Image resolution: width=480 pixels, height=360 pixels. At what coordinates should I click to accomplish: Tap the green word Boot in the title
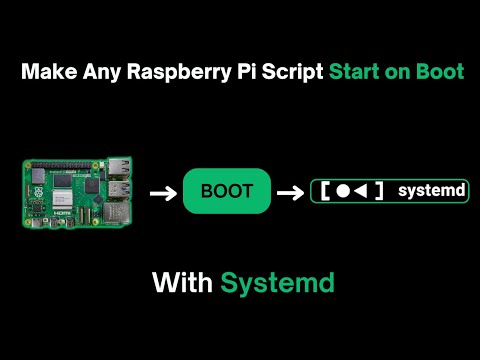pos(438,74)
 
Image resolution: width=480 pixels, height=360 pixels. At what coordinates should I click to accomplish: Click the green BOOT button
pos(227,190)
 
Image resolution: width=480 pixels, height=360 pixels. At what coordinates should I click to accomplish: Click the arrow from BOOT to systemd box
pos(291,190)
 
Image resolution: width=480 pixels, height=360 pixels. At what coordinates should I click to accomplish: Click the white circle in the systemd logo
pos(343,190)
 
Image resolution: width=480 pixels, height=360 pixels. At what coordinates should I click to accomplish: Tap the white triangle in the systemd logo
pos(360,190)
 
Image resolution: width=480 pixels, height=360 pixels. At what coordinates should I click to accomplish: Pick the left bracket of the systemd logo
pos(325,190)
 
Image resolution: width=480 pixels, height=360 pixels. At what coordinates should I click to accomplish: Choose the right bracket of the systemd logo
pos(378,190)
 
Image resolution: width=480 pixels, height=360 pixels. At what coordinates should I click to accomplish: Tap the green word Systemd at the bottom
pos(277,283)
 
